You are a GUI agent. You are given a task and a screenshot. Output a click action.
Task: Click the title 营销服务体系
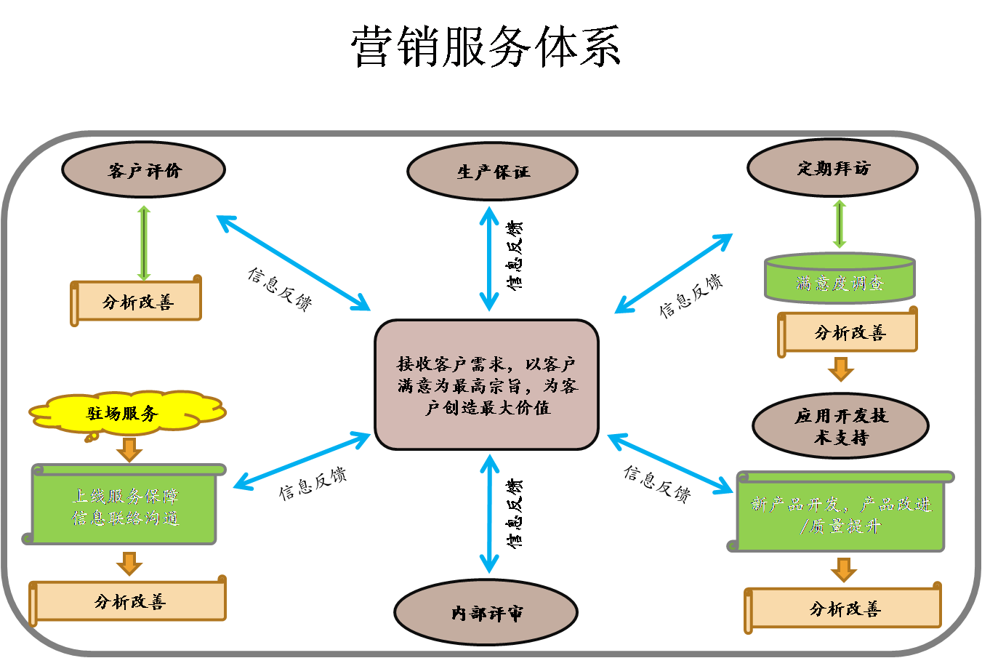[486, 47]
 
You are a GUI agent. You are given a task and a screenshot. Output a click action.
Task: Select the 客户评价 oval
[143, 170]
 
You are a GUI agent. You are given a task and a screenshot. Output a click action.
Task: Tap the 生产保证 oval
[492, 172]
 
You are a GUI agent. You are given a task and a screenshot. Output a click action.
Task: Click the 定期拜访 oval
[832, 168]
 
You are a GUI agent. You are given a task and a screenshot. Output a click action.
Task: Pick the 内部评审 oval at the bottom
[486, 613]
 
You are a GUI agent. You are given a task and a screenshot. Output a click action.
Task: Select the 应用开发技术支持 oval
[840, 426]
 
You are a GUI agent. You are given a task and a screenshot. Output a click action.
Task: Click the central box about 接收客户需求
[486, 385]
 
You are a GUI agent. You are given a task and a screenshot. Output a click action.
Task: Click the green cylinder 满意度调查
[840, 280]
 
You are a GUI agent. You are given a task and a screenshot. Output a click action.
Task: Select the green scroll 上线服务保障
[125, 507]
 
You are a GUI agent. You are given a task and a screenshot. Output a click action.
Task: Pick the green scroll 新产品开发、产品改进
[840, 513]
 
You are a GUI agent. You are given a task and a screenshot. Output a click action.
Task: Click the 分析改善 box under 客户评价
[137, 302]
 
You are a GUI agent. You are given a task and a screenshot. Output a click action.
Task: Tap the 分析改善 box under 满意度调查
[849, 333]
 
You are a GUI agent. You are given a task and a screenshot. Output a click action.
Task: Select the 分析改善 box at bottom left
[129, 601]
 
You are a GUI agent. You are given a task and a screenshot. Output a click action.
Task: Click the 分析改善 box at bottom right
[845, 609]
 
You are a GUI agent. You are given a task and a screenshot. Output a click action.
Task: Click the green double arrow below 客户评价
[144, 243]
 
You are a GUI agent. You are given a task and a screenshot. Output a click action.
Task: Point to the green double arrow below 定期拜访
[840, 224]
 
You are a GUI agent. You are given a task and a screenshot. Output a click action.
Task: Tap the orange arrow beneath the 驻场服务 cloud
[129, 449]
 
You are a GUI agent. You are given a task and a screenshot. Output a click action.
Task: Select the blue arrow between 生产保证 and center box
[489, 258]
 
